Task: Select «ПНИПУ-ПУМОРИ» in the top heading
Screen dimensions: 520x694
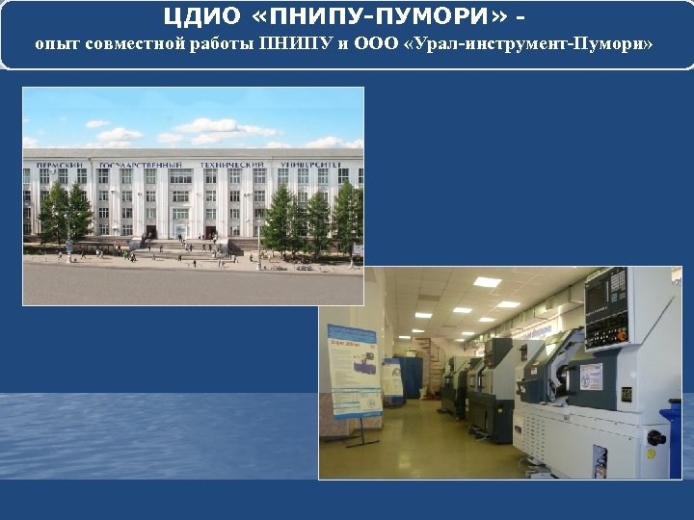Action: click(x=377, y=18)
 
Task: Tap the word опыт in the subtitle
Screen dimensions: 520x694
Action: click(x=53, y=45)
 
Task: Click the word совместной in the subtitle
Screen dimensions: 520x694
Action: click(x=122, y=45)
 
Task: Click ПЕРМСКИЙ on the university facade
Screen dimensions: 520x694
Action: click(x=60, y=165)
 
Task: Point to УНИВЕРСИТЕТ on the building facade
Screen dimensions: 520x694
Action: click(x=310, y=165)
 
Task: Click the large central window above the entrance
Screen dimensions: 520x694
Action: click(x=180, y=195)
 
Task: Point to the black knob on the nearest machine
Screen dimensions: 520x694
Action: click(x=656, y=438)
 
